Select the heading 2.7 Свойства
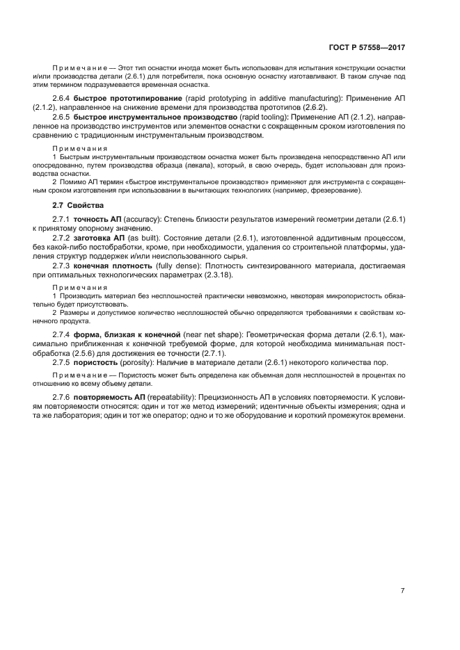point(78,206)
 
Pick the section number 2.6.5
point(63,119)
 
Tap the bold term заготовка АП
point(100,237)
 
